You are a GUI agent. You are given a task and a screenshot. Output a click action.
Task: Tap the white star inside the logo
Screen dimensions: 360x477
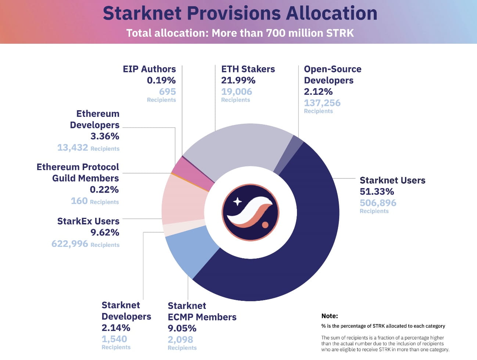tap(238, 201)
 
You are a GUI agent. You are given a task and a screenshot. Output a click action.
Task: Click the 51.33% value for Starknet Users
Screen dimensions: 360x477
tap(377, 191)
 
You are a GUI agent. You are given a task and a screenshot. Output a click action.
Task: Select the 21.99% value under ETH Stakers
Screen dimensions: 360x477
tap(238, 80)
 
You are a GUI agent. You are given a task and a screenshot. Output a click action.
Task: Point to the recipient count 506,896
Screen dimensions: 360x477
tap(378, 203)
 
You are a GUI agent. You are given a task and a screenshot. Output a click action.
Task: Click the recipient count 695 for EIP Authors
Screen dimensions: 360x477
tap(167, 91)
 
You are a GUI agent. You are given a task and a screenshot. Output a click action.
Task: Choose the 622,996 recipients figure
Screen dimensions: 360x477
tap(70, 244)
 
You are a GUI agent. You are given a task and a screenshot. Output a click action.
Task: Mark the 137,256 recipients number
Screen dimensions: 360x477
tap(322, 103)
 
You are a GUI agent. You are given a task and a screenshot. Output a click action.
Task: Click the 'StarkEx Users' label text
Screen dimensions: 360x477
tap(88, 221)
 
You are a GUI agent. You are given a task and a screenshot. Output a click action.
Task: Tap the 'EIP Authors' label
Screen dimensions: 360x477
tap(149, 69)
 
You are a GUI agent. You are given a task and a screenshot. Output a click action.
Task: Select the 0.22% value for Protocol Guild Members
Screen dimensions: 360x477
tap(104, 190)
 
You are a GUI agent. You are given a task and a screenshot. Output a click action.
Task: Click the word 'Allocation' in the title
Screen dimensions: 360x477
tap(331, 13)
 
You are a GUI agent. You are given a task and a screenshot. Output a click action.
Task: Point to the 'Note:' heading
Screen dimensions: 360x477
tap(329, 316)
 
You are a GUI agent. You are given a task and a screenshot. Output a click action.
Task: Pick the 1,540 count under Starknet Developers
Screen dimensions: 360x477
tap(114, 339)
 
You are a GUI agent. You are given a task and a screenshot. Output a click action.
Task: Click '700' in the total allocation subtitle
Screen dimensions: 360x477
tap(275, 33)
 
